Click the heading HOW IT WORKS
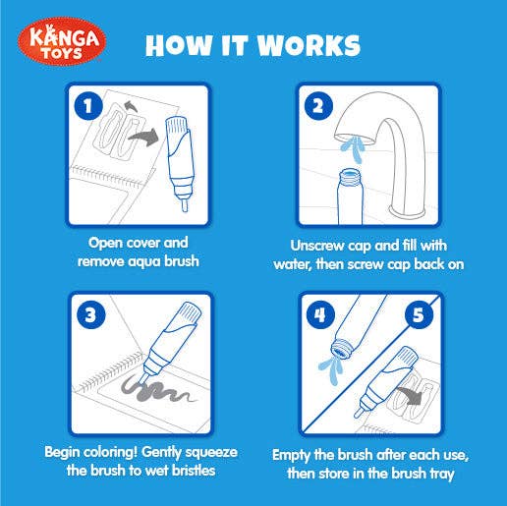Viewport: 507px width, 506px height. (253, 46)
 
